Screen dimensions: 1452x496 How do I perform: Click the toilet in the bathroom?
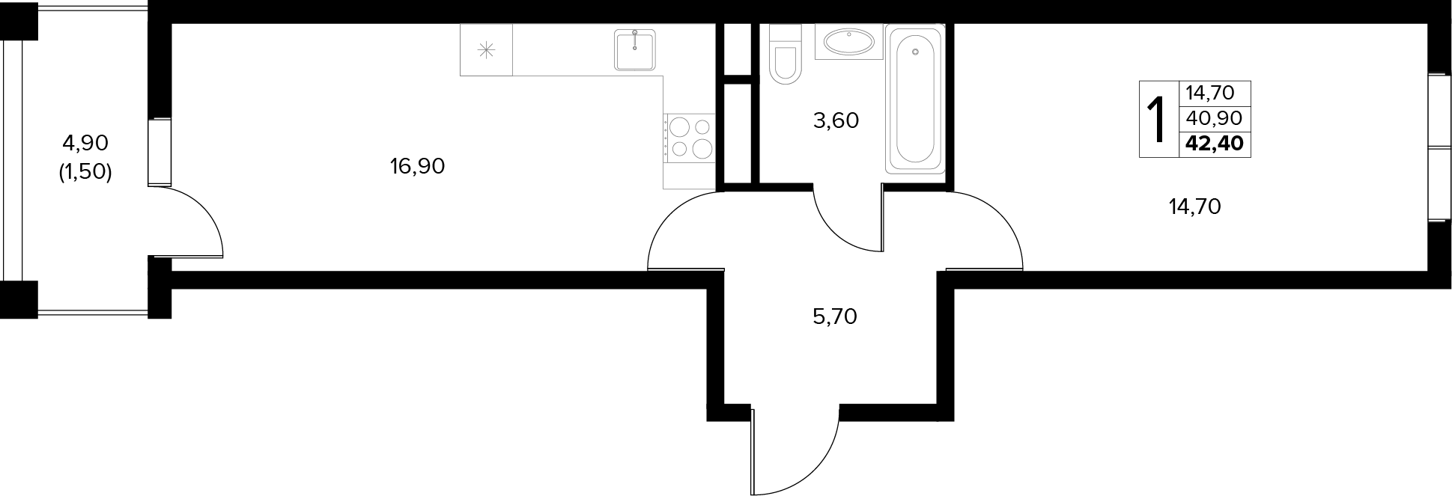point(786,52)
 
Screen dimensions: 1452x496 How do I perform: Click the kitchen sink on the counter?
point(635,49)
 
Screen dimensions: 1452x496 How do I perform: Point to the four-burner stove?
point(690,137)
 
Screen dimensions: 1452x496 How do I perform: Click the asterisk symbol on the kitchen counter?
point(487,50)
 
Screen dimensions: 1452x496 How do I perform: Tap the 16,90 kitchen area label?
point(417,166)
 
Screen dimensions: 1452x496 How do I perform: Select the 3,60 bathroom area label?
point(836,120)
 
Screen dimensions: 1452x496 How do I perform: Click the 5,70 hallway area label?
point(835,316)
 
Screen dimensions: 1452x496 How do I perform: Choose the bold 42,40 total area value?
point(1215,143)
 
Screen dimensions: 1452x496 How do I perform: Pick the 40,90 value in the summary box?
point(1214,117)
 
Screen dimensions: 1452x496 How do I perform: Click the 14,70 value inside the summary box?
point(1209,93)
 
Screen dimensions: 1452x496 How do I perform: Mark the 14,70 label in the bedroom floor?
point(1195,206)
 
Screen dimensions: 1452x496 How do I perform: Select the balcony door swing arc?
point(205,206)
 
